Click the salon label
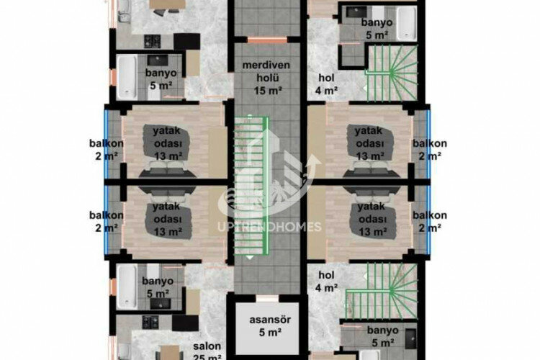[x=207, y=346]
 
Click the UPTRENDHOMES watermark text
[x=269, y=228]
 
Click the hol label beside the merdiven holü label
[x=326, y=77]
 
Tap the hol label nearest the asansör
[x=326, y=274]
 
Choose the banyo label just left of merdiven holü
[x=161, y=73]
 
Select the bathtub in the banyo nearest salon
[x=126, y=282]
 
